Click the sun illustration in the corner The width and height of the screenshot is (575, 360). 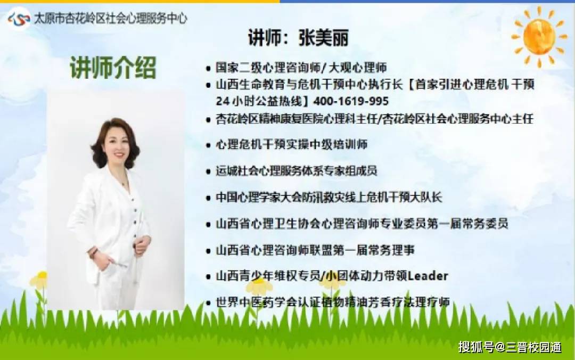[539, 36]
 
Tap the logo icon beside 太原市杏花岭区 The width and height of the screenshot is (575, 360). [18, 19]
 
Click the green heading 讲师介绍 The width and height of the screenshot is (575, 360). [112, 68]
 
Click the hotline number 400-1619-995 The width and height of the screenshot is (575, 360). [351, 101]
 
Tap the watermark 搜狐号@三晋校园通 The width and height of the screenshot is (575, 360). [510, 347]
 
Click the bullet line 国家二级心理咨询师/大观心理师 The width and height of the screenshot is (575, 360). [301, 68]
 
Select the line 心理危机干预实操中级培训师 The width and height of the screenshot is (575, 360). [292, 144]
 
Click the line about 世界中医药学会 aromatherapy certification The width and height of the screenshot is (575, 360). [333, 302]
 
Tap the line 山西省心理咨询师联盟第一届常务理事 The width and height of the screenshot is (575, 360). [315, 250]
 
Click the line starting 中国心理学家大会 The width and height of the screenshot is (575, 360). [328, 197]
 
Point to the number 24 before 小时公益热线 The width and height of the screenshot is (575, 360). [222, 101]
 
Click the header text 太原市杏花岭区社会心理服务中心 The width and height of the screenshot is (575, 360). [110, 19]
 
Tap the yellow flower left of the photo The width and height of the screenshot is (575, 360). [39, 280]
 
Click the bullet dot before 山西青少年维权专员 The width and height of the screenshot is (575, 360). [208, 277]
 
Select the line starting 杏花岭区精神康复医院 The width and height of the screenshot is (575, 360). [374, 119]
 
